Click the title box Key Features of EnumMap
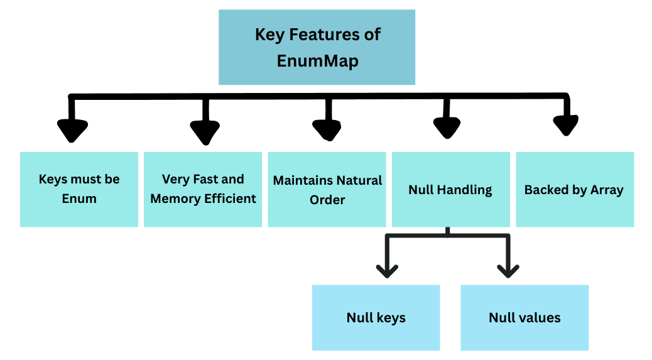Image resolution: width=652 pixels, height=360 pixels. coord(317,47)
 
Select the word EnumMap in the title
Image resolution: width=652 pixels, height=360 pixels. coord(317,62)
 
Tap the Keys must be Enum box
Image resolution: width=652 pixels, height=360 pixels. coord(79,189)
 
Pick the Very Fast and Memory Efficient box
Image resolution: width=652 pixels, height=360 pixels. coord(203,189)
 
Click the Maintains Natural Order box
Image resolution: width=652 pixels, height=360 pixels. coord(327,189)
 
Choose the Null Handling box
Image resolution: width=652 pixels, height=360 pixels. coord(450,189)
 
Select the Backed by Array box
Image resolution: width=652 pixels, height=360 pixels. coord(574,189)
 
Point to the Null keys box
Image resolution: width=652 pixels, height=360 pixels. coord(376,317)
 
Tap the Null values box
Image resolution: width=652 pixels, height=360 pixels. coord(524,317)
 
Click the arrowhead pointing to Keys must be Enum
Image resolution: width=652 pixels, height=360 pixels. coord(73,131)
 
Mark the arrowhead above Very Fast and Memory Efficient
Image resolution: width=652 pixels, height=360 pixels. coord(204,132)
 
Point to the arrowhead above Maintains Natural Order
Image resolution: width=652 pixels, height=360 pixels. coord(327,129)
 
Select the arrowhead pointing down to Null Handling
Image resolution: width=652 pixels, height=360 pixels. coord(447,128)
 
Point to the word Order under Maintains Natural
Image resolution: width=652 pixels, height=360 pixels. coord(327,200)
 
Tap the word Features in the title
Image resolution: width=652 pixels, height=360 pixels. coord(320,34)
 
